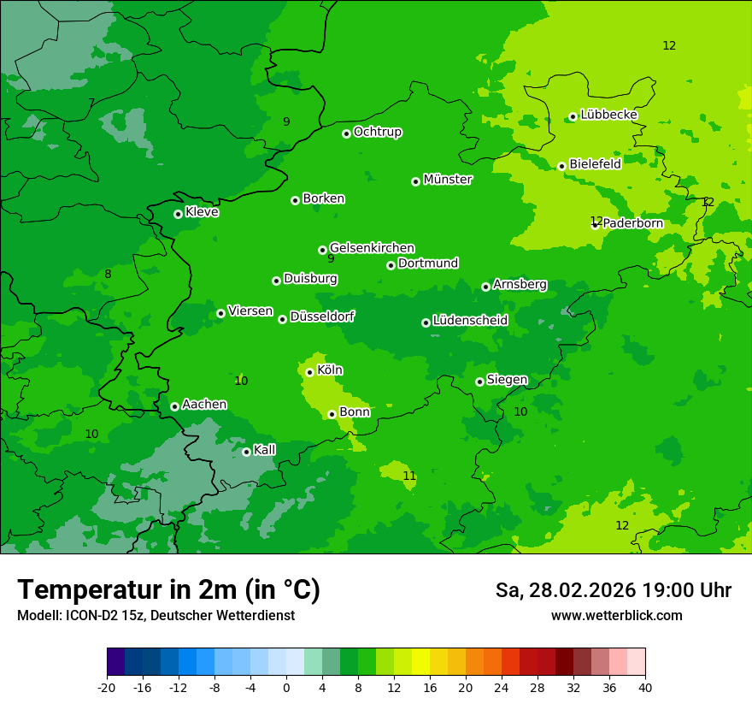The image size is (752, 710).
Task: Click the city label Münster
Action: [x=447, y=180]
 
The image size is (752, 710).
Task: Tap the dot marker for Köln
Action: [x=309, y=372]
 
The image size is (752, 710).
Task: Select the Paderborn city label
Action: [x=632, y=223]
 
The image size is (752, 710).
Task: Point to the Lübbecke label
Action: [x=608, y=115]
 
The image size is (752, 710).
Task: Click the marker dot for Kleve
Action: [x=178, y=214]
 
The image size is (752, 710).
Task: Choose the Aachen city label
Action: [x=204, y=404]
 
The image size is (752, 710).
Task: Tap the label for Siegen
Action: [x=507, y=380]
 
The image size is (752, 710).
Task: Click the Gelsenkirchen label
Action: [x=372, y=248]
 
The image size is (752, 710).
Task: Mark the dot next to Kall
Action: [x=246, y=452]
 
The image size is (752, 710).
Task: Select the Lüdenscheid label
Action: [x=470, y=321]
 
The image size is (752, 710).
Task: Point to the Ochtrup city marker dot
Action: [x=346, y=133]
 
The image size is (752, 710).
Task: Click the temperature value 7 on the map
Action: [x=91, y=104]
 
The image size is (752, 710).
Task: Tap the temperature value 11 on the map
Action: [x=409, y=476]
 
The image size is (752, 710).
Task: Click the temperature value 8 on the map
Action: [x=108, y=275]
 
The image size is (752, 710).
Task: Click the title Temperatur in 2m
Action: [x=168, y=590]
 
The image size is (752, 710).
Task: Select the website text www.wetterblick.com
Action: [x=616, y=616]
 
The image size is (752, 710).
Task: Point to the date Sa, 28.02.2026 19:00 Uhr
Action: [x=613, y=590]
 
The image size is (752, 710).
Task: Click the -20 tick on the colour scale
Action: [x=107, y=688]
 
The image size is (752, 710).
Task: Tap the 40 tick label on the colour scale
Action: [x=645, y=688]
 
